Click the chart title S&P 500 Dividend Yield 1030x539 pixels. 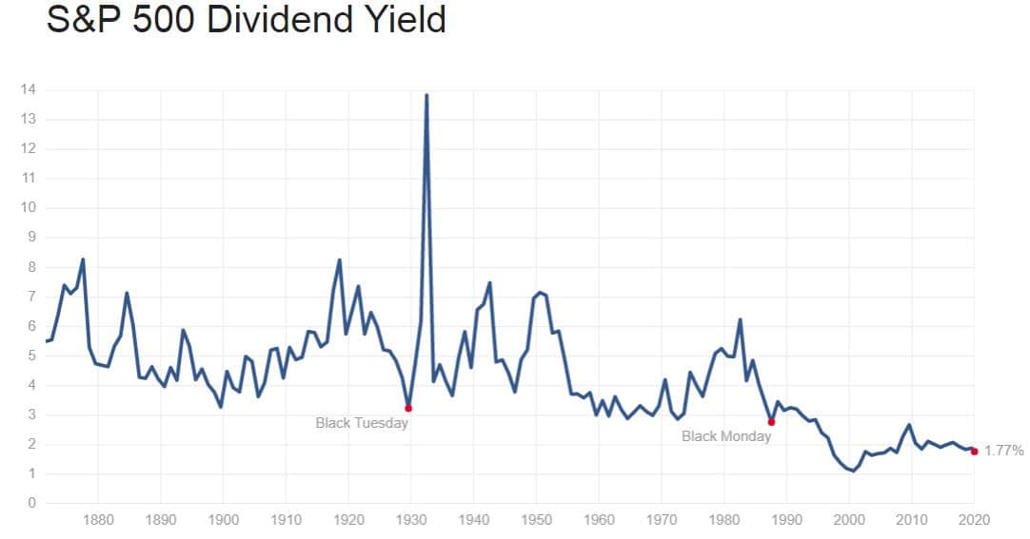[246, 20]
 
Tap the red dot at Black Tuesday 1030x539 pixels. [408, 408]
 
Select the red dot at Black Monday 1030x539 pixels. [771, 422]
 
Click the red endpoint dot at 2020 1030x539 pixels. [974, 452]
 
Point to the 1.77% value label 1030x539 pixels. [1004, 452]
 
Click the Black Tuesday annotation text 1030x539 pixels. [362, 423]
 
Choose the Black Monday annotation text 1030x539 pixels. [726, 437]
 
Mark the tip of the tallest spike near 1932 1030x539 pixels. [426, 95]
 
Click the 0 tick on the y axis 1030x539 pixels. [32, 503]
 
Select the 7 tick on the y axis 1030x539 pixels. [32, 297]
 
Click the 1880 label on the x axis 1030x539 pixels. [98, 520]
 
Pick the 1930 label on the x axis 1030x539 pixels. [411, 520]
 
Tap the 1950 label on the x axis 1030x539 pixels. [536, 520]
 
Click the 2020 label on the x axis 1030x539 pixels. [973, 520]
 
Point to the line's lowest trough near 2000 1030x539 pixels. [852, 471]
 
